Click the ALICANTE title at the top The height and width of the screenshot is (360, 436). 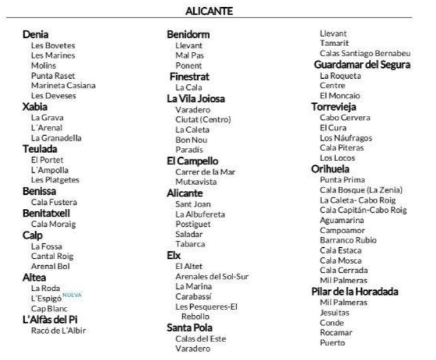click(209, 11)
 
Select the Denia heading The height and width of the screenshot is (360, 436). click(36, 35)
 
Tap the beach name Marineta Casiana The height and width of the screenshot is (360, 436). click(63, 85)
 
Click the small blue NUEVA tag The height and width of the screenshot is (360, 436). click(72, 295)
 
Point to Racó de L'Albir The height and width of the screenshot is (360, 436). click(58, 331)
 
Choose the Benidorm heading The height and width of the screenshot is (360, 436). click(188, 35)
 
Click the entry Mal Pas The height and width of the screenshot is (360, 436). click(189, 56)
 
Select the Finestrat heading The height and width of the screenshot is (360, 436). click(190, 76)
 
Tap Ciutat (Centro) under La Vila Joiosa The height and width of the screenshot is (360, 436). click(203, 119)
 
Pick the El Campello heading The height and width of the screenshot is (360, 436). click(193, 161)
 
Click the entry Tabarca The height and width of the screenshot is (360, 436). click(190, 243)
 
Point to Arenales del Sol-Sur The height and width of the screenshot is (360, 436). click(212, 276)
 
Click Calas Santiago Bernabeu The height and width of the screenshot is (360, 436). click(365, 53)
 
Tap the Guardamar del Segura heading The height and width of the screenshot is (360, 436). click(362, 65)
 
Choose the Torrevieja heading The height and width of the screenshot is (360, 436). click(334, 107)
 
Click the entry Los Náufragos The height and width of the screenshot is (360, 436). click(346, 138)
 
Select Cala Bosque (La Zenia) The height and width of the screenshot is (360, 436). click(361, 190)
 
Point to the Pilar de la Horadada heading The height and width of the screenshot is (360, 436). click(355, 291)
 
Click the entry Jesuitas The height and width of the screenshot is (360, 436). click(335, 313)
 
